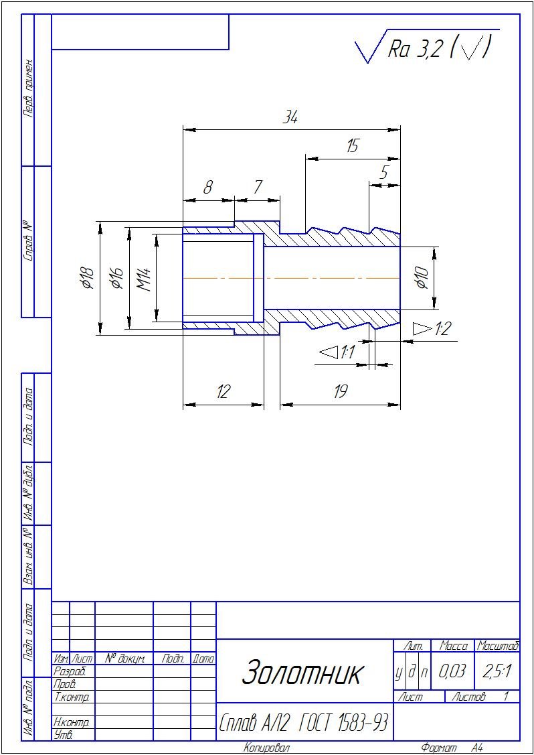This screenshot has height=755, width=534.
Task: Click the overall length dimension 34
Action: coord(290,118)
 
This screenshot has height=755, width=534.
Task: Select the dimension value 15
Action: coord(352,147)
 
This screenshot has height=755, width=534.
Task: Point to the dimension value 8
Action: coord(208,188)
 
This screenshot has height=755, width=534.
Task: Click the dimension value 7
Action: coord(258,188)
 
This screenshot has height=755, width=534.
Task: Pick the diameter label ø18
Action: coord(88,278)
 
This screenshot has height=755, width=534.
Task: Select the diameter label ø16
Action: coord(117,278)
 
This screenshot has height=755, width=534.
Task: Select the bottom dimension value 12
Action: coord(223,392)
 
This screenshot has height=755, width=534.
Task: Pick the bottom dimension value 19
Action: coord(341,392)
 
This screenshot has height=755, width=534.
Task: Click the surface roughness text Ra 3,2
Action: coord(414,49)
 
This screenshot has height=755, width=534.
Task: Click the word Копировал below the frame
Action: coord(267,748)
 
